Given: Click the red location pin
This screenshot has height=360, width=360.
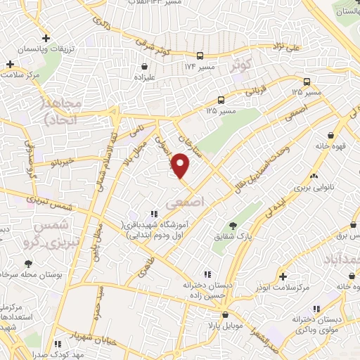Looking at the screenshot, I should coord(181,166).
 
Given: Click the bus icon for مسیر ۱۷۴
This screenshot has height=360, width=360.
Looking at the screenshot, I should coord(201,56).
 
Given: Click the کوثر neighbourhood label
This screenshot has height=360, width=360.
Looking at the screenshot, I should coord(240,65).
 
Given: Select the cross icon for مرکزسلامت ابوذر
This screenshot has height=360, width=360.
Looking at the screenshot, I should coord(283,276).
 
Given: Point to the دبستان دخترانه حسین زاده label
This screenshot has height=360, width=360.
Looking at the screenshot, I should coord(206,286).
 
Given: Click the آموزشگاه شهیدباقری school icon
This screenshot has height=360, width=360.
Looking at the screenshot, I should coord(153,214).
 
